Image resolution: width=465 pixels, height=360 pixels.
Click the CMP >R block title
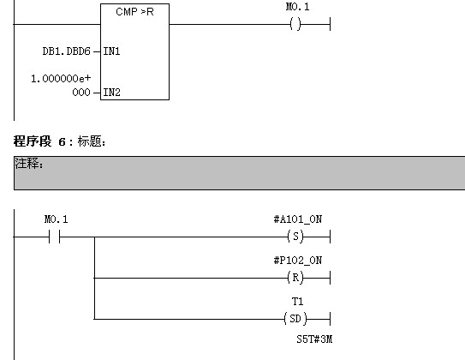click(x=134, y=12)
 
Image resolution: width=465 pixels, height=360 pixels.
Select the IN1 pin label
click(x=111, y=51)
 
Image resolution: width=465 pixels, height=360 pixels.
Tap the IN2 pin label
click(x=111, y=91)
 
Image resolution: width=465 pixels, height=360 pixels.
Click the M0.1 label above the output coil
click(x=297, y=8)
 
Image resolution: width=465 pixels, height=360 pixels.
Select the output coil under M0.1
click(x=296, y=25)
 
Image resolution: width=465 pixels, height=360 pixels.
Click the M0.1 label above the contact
click(x=56, y=219)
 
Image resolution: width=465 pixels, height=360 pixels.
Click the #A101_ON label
click(x=297, y=219)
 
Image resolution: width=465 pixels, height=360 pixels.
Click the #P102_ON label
click(x=297, y=260)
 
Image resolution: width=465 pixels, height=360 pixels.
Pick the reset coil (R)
click(x=296, y=278)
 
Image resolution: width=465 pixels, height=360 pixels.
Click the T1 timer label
click(x=297, y=301)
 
